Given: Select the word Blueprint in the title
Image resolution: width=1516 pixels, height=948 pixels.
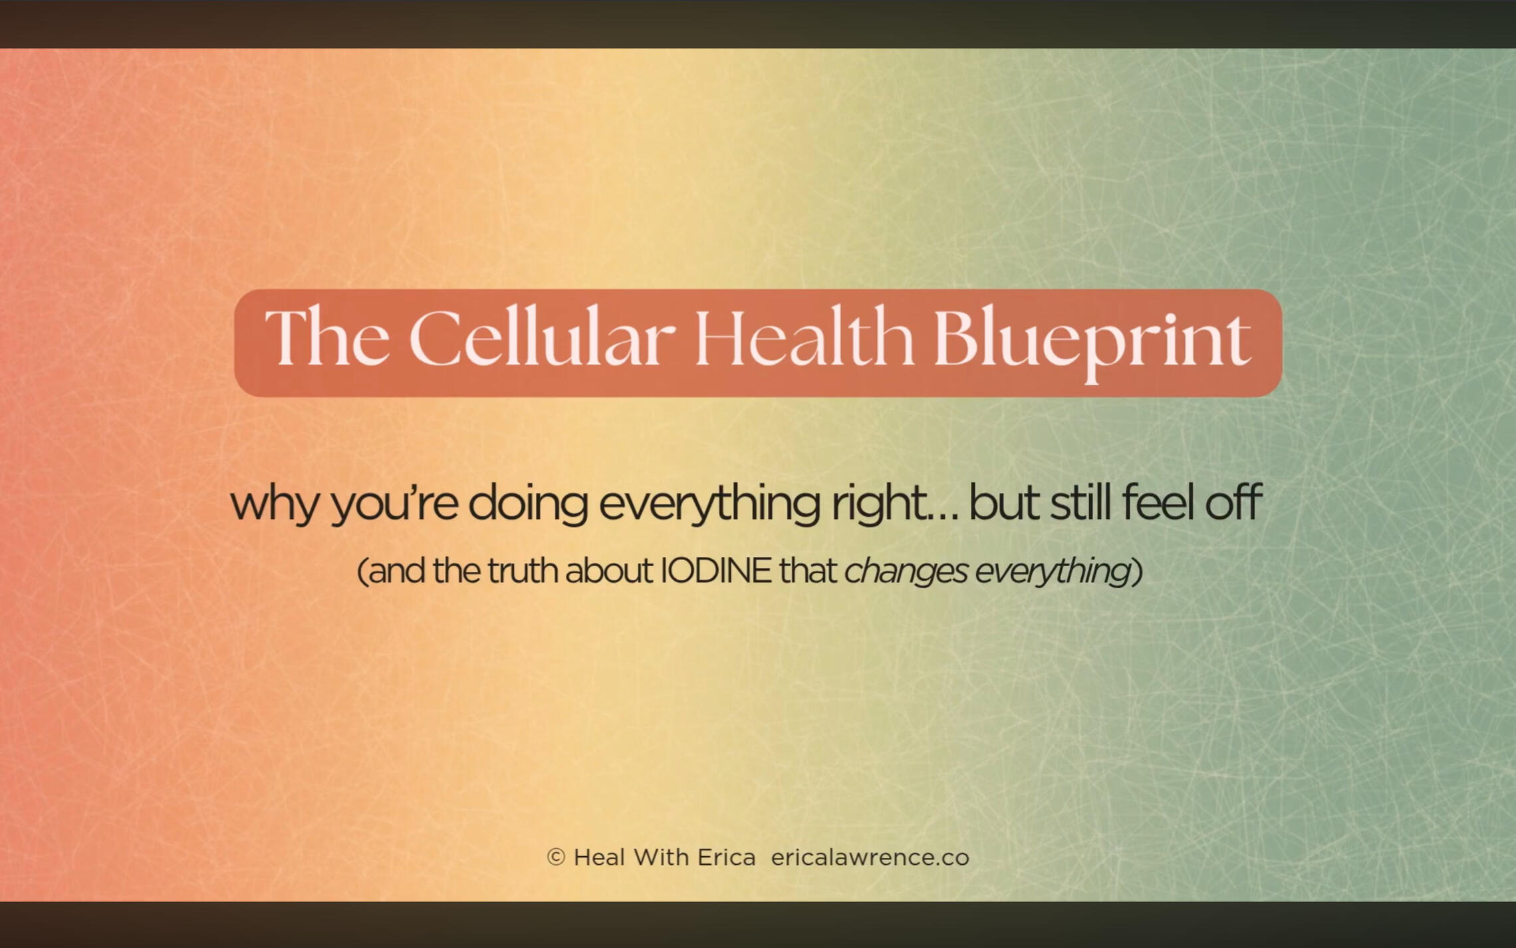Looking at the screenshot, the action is [1092, 343].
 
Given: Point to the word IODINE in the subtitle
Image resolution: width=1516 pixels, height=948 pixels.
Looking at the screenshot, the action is [715, 571].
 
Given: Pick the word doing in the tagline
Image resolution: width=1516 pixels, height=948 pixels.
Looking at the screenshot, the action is [528, 504].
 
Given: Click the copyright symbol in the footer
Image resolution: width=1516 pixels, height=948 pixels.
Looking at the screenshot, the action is [556, 858].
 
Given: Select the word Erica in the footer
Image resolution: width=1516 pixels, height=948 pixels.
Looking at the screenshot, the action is [727, 858].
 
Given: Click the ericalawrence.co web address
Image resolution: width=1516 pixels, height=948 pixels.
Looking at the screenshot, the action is [870, 858].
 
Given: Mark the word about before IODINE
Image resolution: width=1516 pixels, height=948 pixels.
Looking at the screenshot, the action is [609, 571].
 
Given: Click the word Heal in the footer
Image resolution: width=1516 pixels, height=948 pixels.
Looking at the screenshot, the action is [599, 858].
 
